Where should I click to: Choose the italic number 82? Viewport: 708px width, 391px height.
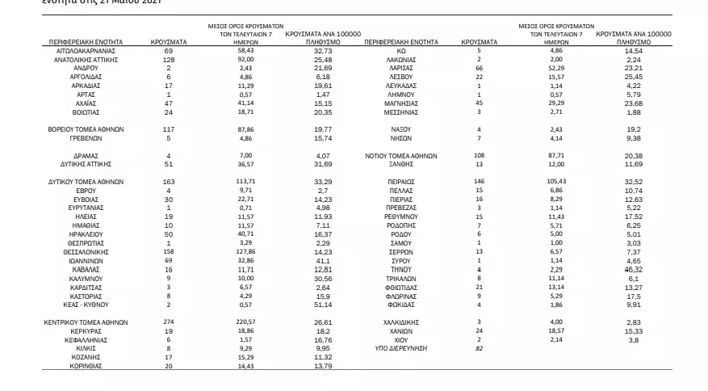[x=479, y=348]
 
